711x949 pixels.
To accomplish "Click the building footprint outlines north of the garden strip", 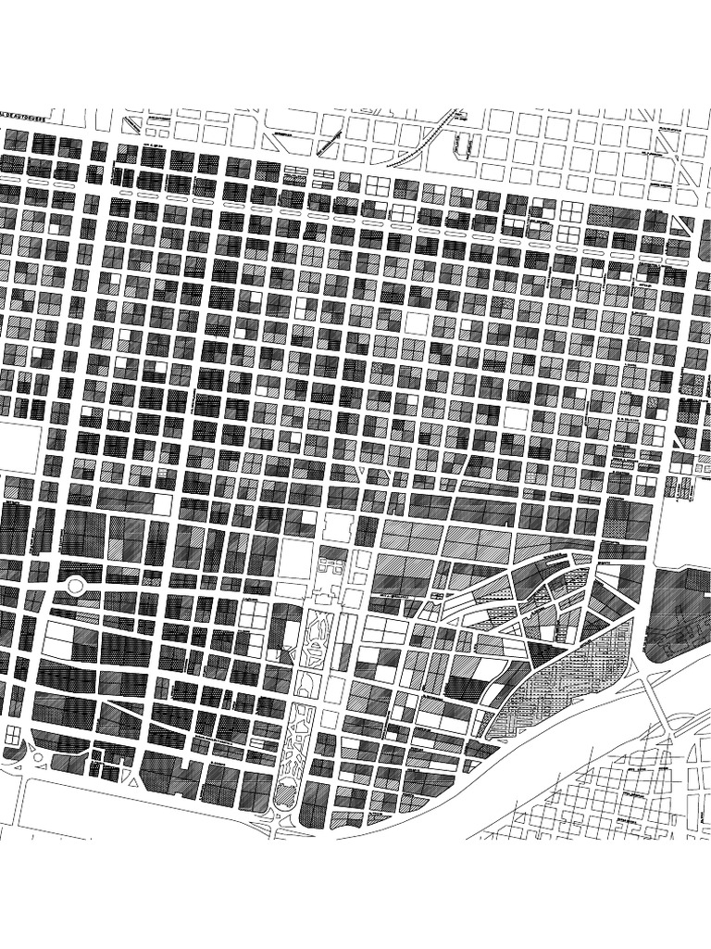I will (x=331, y=565).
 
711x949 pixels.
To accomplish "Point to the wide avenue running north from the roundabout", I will (x=89, y=371).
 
